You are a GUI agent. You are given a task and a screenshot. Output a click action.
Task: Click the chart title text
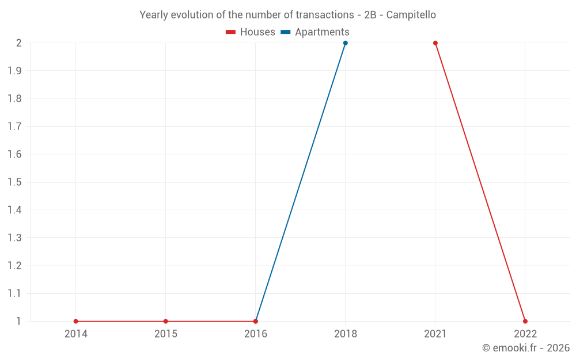pos(287,14)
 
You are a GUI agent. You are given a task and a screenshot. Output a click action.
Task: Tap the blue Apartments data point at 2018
pos(346,43)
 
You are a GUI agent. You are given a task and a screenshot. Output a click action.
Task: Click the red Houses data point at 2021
pos(435,43)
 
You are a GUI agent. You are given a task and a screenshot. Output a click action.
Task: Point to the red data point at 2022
pos(525,321)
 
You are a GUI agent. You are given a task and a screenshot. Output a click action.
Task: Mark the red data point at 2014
pos(76,321)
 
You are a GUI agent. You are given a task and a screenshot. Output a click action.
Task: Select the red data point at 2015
pos(166,321)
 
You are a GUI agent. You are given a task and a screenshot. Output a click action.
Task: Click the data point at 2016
pos(256,321)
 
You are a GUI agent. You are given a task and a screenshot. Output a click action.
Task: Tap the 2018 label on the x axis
pos(346,334)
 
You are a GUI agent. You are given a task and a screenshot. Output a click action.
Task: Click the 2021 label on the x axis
pos(435,334)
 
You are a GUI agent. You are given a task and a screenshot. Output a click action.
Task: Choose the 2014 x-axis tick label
pos(76,334)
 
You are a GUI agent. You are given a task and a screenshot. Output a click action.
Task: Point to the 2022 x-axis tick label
pos(525,334)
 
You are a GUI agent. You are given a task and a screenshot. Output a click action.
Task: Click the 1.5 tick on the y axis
pos(15,182)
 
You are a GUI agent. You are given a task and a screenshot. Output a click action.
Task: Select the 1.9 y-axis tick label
pos(15,71)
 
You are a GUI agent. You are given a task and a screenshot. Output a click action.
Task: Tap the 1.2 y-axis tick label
pos(15,266)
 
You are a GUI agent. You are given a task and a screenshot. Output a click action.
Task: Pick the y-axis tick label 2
pos(19,43)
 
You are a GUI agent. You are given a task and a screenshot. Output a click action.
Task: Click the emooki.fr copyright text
pos(526,348)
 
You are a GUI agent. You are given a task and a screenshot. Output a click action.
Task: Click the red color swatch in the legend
pos(230,32)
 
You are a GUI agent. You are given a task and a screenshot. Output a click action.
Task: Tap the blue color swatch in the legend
pos(285,32)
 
